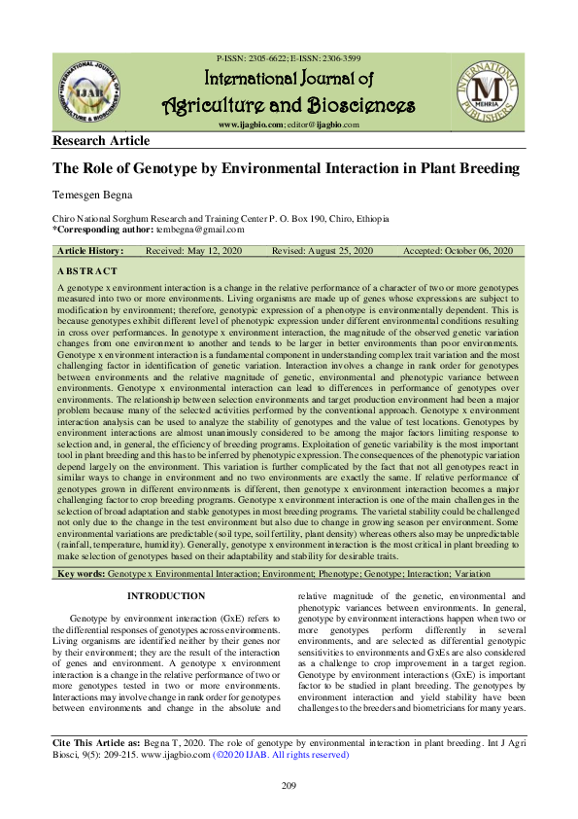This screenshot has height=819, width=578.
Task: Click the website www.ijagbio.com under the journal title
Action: (x=250, y=125)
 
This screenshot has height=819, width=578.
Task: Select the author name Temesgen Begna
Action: (x=88, y=196)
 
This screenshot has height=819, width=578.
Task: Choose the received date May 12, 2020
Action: (x=205, y=251)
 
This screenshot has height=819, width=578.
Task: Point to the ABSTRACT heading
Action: (x=87, y=271)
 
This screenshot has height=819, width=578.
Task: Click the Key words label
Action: (x=82, y=576)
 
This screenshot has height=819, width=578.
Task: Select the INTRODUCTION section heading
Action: (x=166, y=596)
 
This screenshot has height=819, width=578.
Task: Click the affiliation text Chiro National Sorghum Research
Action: (x=126, y=221)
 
